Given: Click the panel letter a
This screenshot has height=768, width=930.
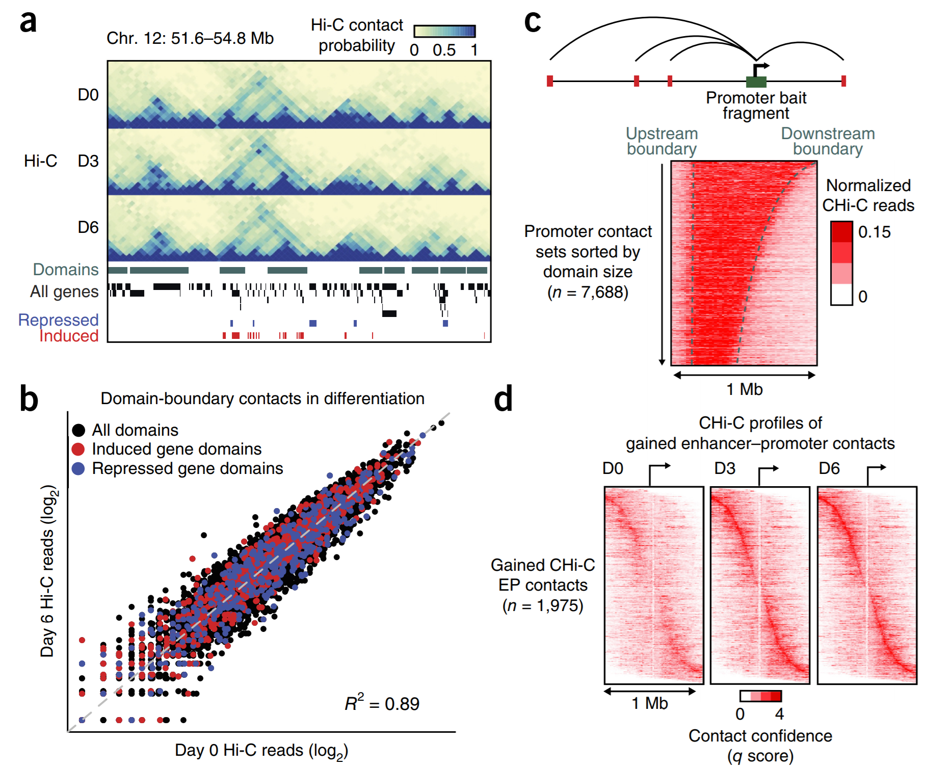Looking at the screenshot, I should tap(29, 22).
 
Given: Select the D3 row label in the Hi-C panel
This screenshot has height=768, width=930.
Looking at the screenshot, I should tap(88, 161).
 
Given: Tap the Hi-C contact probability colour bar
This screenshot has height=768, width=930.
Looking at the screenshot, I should tap(444, 32).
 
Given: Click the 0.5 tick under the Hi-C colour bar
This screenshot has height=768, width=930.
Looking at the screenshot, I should tap(444, 50).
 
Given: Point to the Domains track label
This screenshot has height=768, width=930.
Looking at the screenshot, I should tap(66, 270).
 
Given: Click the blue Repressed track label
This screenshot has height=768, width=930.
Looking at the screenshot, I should tap(58, 320).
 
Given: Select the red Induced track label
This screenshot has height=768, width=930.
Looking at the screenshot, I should tap(69, 336).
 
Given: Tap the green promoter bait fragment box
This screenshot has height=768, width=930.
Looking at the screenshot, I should tap(756, 82).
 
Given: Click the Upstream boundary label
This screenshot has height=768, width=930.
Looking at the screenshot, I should tap(661, 141).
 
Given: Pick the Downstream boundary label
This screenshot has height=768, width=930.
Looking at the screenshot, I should tap(828, 141).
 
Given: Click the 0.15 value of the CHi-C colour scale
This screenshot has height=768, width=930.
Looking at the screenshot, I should tap(874, 232).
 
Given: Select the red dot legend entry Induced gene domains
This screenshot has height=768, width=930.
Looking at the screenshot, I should tap(176, 449).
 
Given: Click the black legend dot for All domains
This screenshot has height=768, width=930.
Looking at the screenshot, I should tap(78, 430).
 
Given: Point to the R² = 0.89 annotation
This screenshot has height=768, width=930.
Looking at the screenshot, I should tap(382, 703).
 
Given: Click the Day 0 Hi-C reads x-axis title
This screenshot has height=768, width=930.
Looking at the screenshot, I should tap(261, 751).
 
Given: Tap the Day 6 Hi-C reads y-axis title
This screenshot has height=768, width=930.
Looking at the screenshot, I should tap(48, 571).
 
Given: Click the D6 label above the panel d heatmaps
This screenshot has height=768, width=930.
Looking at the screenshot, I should tap(829, 468).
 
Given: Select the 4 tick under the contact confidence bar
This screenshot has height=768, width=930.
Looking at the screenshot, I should tap(779, 714).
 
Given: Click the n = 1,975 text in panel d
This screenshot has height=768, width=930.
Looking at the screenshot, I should tap(543, 605).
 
